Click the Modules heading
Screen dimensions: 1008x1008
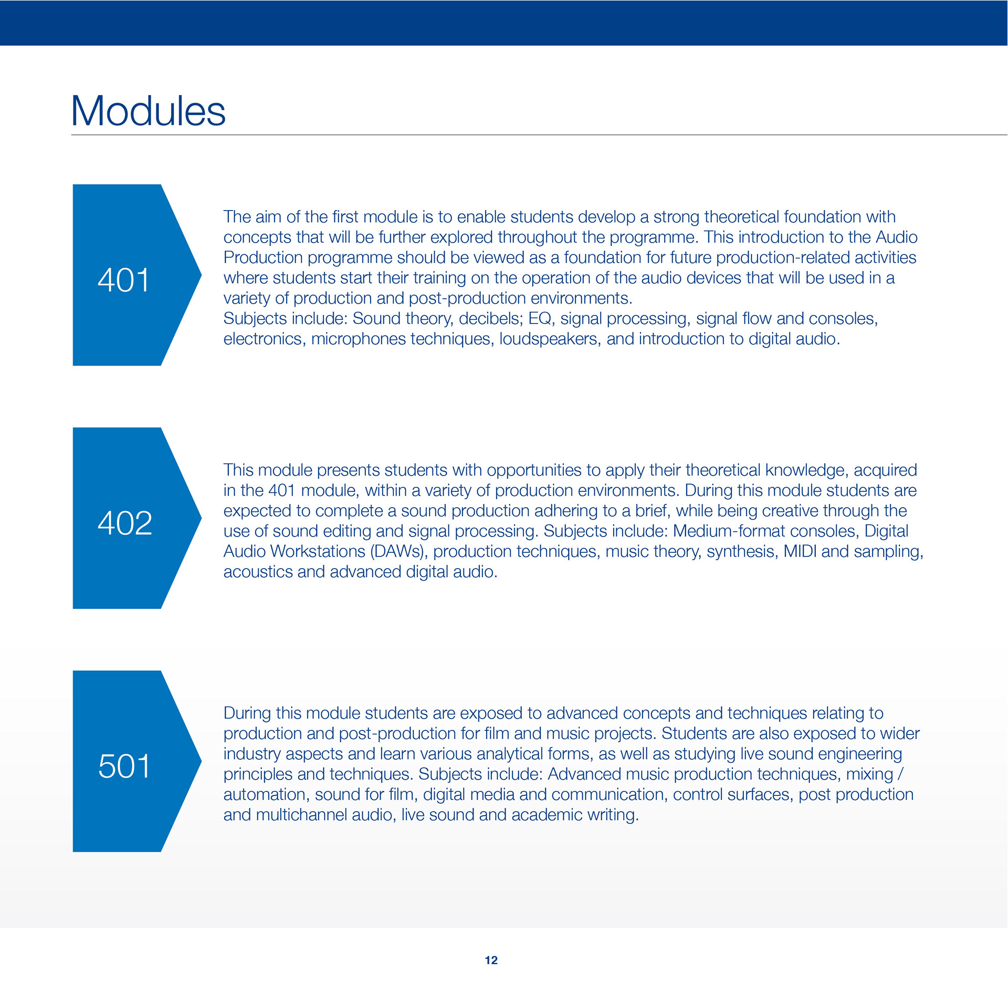(x=148, y=111)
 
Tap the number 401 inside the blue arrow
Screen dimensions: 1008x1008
(x=124, y=280)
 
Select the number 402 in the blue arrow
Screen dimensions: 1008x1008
(x=125, y=523)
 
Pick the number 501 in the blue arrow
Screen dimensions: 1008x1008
(x=124, y=766)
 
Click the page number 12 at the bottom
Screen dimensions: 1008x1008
(x=491, y=960)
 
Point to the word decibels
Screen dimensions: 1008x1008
(x=491, y=319)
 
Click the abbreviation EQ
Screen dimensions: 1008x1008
(x=540, y=319)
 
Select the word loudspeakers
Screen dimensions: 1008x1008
(x=550, y=339)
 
